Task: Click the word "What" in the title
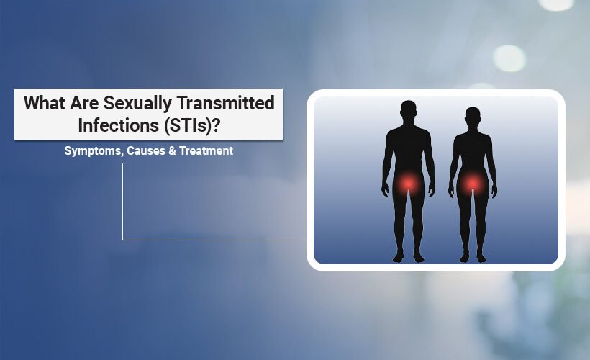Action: pos(42,103)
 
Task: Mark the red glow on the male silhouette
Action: pos(408,184)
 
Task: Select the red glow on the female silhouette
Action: pos(472,184)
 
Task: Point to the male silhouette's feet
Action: pos(408,256)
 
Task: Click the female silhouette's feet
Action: pos(472,256)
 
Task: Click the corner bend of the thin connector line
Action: pos(123,239)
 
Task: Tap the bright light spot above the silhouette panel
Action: pos(509,58)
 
